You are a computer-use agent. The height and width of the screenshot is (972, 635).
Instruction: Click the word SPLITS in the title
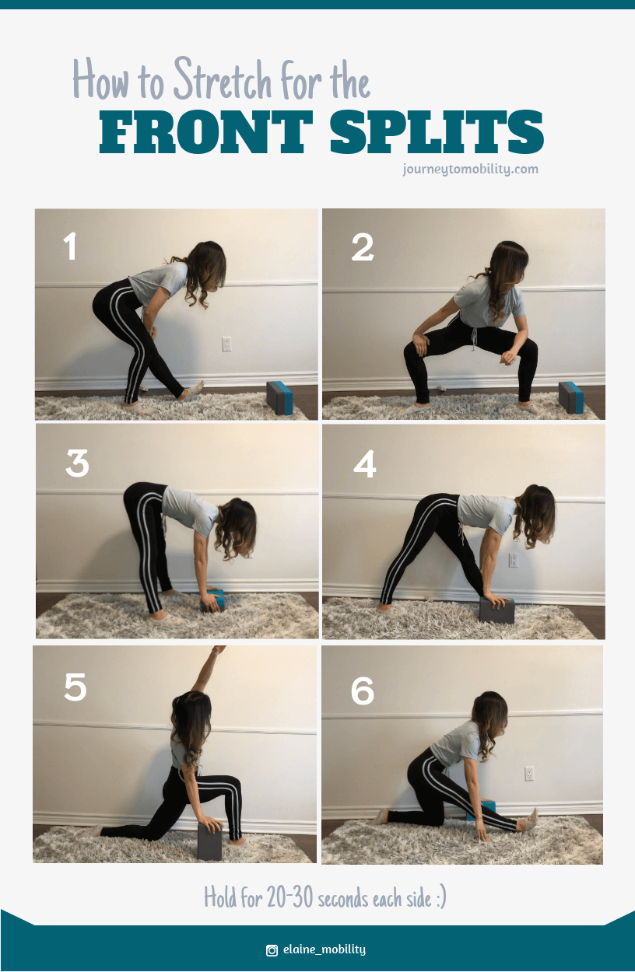(x=436, y=132)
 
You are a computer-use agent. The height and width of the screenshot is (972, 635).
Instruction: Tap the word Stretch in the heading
(x=221, y=81)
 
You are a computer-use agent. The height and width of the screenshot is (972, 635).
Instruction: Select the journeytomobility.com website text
(x=470, y=169)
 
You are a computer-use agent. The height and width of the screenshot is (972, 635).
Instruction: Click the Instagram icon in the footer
(x=272, y=949)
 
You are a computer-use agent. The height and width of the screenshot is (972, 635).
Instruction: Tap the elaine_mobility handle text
(x=325, y=949)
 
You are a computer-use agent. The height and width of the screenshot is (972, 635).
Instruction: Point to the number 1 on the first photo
(x=70, y=246)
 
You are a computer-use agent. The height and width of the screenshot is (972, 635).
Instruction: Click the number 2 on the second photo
(x=363, y=248)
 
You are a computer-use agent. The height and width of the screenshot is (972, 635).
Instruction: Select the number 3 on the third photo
(x=77, y=463)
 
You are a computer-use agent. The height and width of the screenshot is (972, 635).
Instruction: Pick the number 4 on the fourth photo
(x=364, y=464)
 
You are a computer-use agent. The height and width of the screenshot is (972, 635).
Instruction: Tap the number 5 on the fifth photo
(x=75, y=687)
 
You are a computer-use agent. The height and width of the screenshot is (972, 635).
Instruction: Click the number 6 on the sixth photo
(x=363, y=691)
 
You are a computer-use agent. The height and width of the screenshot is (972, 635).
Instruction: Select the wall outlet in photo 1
(x=226, y=344)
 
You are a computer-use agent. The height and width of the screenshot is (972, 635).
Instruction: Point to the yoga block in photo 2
(x=570, y=397)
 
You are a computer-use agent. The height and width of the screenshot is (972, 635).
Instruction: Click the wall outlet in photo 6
(x=529, y=774)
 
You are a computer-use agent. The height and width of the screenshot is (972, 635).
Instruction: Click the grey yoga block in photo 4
(x=496, y=610)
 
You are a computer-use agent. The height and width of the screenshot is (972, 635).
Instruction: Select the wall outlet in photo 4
(x=513, y=560)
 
